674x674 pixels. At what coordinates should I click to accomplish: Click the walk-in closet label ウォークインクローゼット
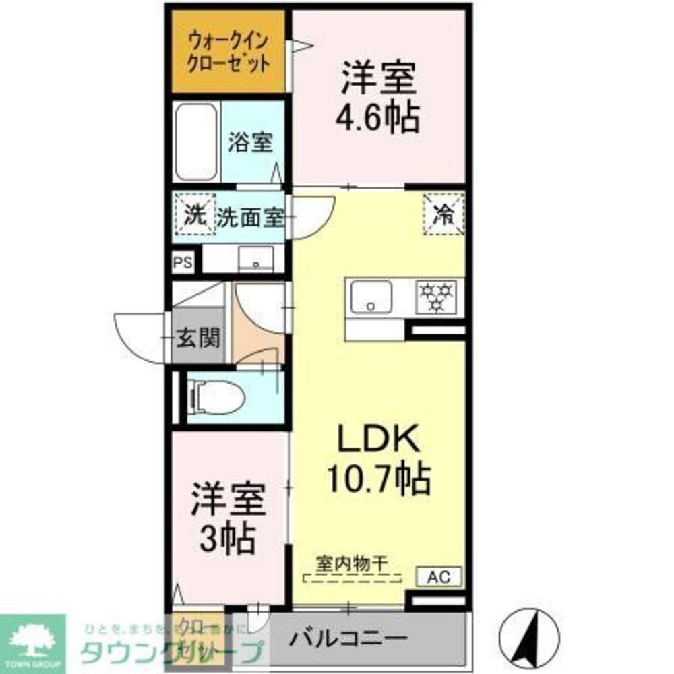tap(229, 51)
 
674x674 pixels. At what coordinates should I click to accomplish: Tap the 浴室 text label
tap(250, 143)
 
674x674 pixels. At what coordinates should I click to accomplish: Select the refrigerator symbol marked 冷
tap(443, 214)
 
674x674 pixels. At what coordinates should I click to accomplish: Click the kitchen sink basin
tap(370, 296)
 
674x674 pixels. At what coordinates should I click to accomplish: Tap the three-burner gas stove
tap(437, 296)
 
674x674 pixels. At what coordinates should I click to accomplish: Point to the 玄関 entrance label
tap(198, 338)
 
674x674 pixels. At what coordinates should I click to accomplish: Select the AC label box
tap(442, 577)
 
